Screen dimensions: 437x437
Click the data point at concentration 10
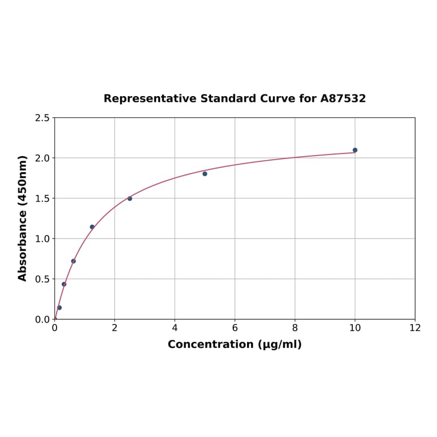tap(355, 150)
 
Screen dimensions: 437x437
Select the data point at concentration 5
tap(205, 174)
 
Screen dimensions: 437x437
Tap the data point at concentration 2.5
tap(130, 198)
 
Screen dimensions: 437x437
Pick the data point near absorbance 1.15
tap(92, 227)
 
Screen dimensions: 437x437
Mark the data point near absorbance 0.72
tap(73, 261)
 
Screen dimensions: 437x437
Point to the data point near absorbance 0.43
tap(64, 284)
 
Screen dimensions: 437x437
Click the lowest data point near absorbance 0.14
tap(59, 308)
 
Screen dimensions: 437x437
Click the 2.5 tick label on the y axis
tap(42, 118)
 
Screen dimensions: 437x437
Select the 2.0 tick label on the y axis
tap(42, 158)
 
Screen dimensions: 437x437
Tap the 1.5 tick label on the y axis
tap(42, 198)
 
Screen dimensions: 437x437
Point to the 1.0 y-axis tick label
tap(42, 239)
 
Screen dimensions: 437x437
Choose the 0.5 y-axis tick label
tap(42, 279)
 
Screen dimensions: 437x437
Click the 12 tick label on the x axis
tap(415, 328)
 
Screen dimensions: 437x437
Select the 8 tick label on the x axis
tap(295, 328)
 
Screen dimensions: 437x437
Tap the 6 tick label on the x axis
tap(235, 328)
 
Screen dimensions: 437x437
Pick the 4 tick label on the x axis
tap(174, 328)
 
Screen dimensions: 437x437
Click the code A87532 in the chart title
tap(343, 98)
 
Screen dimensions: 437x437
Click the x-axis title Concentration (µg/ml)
tap(235, 344)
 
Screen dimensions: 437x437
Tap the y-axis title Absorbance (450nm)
tap(23, 218)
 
